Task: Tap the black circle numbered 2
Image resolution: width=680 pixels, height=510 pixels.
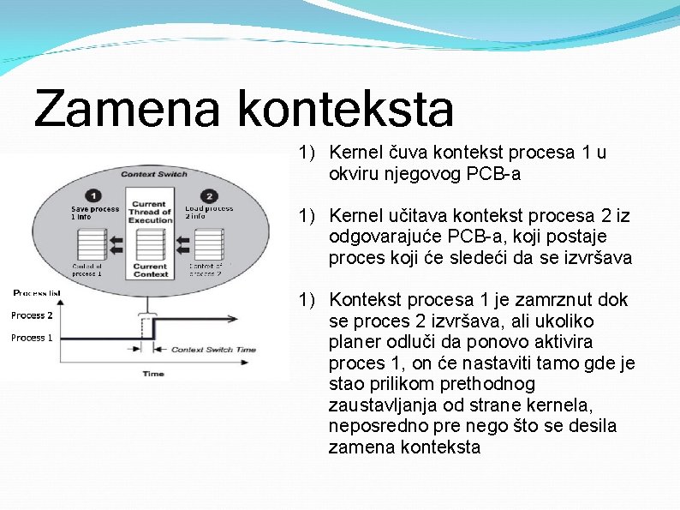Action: point(206,195)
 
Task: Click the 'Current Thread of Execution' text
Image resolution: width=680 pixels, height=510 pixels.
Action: point(150,212)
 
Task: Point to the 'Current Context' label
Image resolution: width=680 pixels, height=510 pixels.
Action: point(150,270)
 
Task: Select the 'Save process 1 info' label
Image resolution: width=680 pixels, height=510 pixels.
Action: point(93,213)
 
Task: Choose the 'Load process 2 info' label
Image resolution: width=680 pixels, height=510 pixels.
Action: point(208,212)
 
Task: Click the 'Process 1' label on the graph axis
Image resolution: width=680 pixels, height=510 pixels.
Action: point(33,338)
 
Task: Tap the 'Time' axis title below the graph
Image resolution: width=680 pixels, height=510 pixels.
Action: point(153,374)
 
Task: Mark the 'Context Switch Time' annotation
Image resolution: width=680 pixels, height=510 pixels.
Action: point(213,350)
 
